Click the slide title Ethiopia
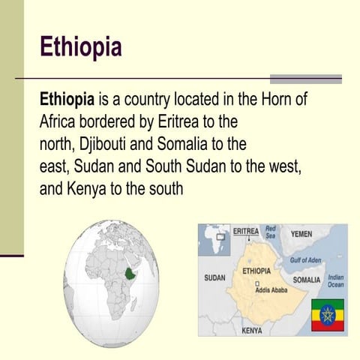click(x=80, y=46)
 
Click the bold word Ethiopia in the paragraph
click(x=66, y=99)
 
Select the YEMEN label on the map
click(x=301, y=234)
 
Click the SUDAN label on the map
click(x=214, y=278)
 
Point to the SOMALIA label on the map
click(x=306, y=279)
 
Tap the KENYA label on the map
click(x=251, y=329)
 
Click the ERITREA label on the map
click(x=246, y=231)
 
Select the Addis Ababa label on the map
click(x=272, y=289)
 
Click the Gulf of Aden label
click(x=305, y=260)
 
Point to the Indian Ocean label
click(x=336, y=280)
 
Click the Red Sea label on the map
click(x=271, y=232)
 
